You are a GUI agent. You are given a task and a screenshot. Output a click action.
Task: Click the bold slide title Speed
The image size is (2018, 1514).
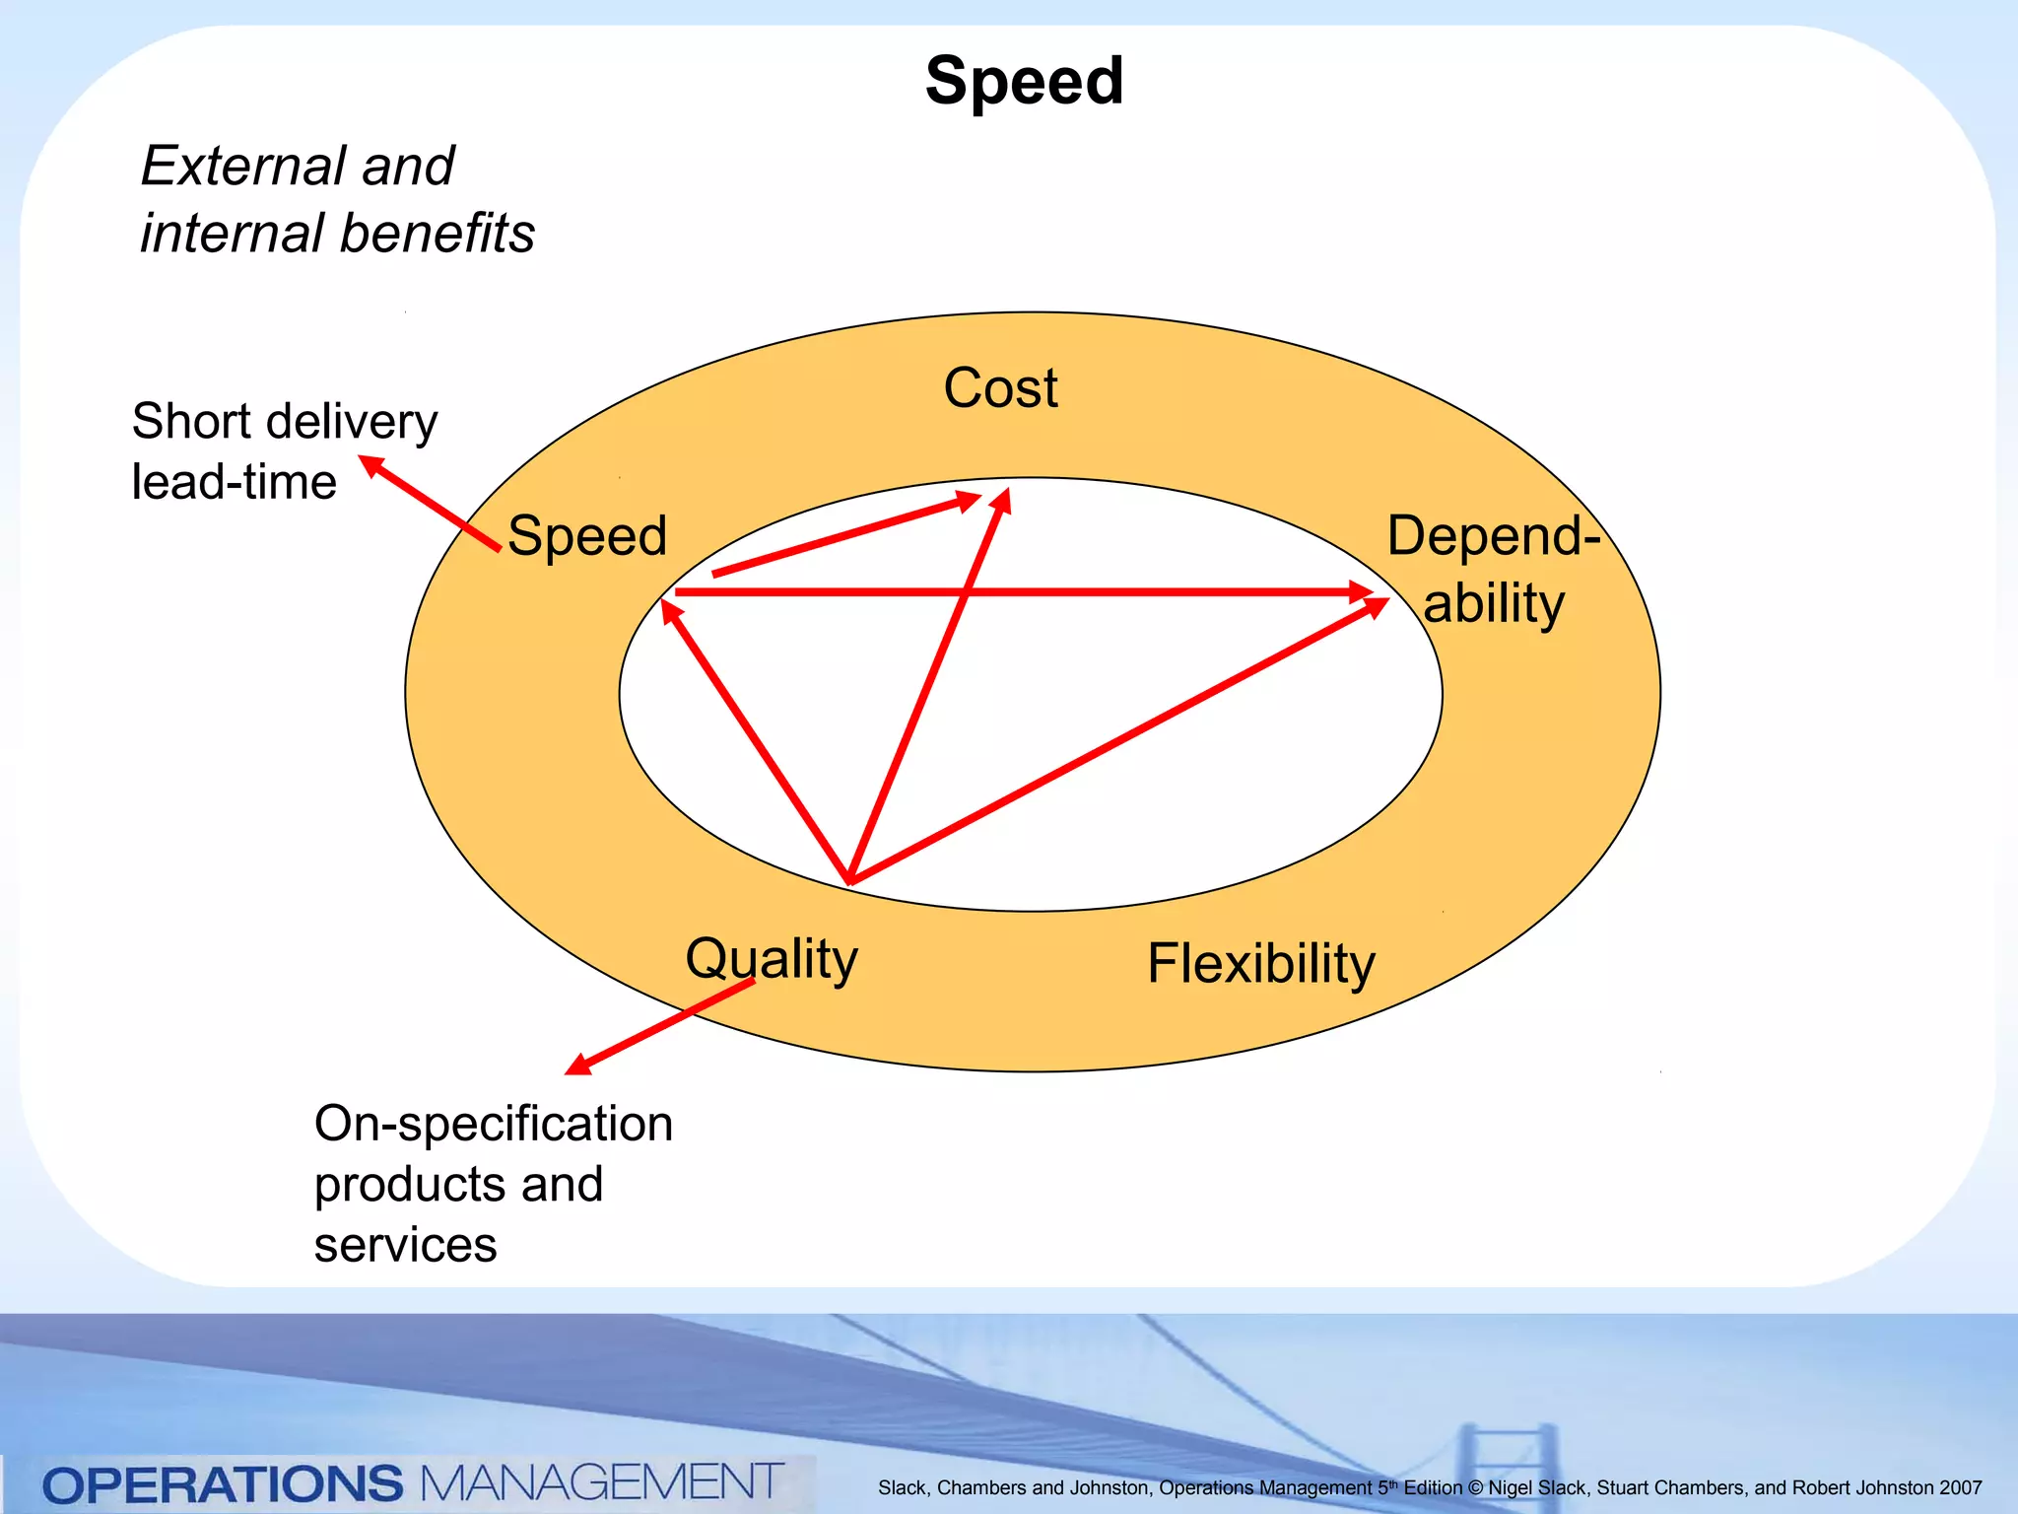point(1024,81)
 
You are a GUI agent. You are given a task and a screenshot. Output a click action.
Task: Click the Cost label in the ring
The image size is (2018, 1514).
point(1000,387)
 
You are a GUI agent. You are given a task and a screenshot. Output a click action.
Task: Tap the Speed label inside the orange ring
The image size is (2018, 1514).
point(587,536)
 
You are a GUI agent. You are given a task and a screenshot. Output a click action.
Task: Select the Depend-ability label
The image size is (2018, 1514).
point(1493,569)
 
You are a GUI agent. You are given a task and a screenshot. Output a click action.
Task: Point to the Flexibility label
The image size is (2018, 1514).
point(1260,963)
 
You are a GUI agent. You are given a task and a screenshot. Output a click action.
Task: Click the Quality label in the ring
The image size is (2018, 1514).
point(772,958)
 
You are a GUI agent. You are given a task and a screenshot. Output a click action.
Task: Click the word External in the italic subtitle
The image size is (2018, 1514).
point(242,166)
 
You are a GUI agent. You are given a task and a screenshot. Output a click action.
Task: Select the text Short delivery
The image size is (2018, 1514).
point(285,422)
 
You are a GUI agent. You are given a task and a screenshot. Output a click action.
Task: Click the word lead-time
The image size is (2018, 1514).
point(235,482)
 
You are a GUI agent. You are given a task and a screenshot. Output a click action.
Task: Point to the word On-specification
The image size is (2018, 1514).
point(493,1124)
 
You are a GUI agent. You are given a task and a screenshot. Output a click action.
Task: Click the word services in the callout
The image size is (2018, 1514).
point(405,1245)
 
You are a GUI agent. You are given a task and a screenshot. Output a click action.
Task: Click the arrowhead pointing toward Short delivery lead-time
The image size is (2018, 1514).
point(370,464)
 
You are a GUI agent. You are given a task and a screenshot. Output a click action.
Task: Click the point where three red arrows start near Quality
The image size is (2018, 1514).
point(849,880)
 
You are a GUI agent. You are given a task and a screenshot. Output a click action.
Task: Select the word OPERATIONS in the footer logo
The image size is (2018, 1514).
point(223,1484)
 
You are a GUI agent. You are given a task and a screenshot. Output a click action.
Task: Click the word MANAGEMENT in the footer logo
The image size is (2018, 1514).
point(601,1482)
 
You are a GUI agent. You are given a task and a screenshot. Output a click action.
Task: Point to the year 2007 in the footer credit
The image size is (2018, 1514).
point(1960,1488)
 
